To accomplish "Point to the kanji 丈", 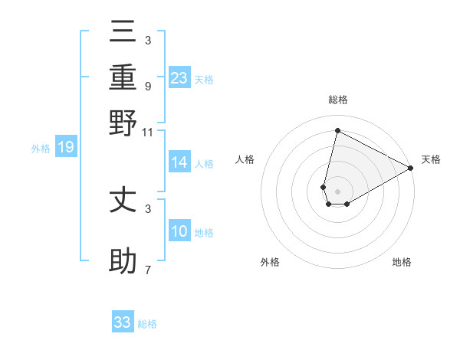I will pos(123,201).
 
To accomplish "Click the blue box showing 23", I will pos(179,78).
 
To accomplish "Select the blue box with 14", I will pos(179,162).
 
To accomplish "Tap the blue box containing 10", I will pos(179,231).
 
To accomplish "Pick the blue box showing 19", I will pos(66,148).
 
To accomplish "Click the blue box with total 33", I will pos(123,322).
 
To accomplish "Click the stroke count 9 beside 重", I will pos(147,86).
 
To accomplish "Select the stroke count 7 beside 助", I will pos(147,270).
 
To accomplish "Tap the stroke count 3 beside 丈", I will pos(147,208).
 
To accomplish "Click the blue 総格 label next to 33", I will pos(147,324).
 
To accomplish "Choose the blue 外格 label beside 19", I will pos(41,149).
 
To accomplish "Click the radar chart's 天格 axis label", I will pos(431,159).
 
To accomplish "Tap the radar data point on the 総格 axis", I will pos(337,131).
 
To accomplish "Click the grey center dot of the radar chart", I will pos(337,191).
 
